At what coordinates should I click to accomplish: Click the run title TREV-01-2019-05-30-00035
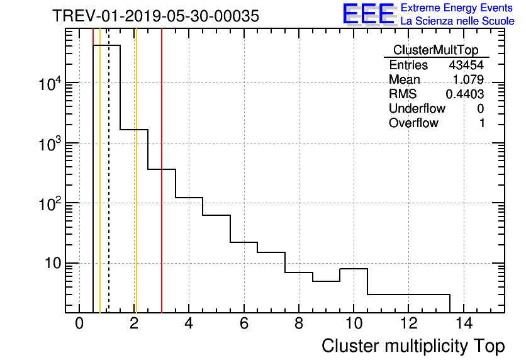(x=155, y=16)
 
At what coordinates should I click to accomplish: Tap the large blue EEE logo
(x=369, y=14)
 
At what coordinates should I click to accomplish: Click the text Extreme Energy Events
(x=457, y=8)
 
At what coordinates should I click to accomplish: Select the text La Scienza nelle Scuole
(x=457, y=21)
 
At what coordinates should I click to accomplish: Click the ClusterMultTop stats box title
(x=435, y=50)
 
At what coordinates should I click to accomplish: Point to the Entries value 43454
(x=466, y=65)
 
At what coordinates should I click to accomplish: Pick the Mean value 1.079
(x=468, y=79)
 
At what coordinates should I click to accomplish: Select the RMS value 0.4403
(x=465, y=94)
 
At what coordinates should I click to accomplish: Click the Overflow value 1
(x=482, y=123)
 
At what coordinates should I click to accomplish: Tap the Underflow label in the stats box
(x=417, y=108)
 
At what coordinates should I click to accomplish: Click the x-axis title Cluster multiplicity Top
(x=413, y=346)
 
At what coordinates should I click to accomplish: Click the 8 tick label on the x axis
(x=299, y=324)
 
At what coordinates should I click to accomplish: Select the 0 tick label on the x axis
(x=79, y=324)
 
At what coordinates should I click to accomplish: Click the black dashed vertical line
(x=109, y=189)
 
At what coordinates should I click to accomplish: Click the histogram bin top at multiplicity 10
(x=354, y=269)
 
